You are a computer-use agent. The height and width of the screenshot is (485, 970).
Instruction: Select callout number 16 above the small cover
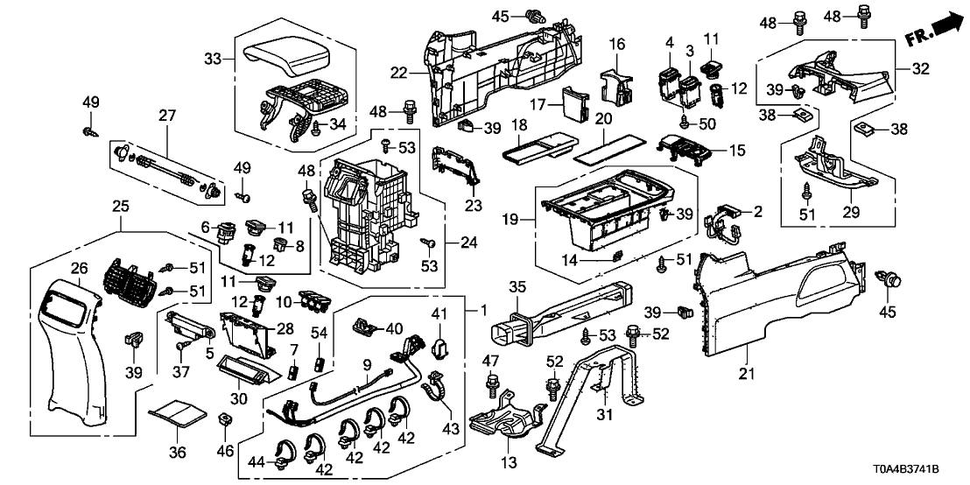616,44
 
